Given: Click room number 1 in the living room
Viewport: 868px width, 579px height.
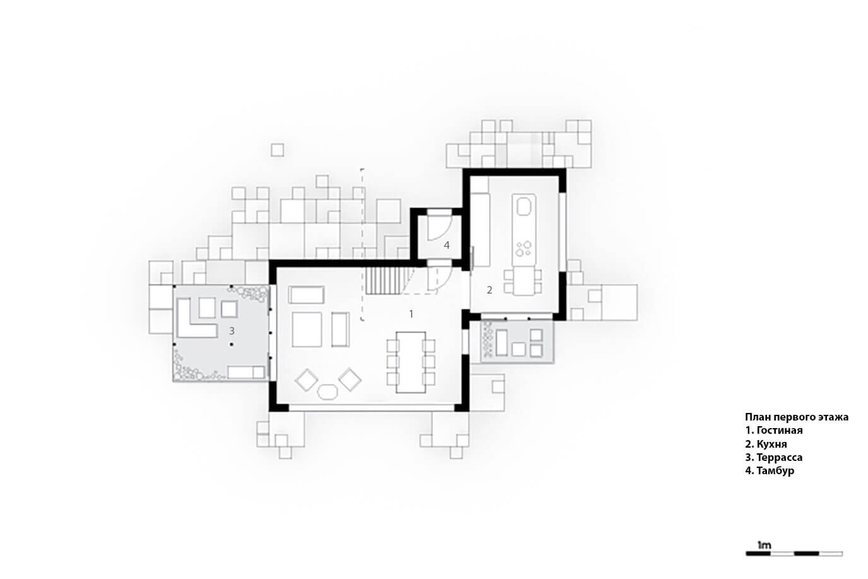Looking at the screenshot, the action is tap(411, 314).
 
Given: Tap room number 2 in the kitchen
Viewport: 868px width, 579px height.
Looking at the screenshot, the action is tap(489, 290).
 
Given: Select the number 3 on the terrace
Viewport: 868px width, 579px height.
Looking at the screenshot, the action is tap(232, 331).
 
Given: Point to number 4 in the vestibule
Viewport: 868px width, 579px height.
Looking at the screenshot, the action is tap(446, 246).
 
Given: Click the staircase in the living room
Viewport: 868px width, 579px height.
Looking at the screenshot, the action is tap(385, 281).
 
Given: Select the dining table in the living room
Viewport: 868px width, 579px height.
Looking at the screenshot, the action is tap(411, 362).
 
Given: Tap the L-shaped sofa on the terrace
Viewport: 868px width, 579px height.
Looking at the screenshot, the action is tap(196, 318).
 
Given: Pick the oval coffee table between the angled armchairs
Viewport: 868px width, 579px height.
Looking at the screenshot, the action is tap(328, 392).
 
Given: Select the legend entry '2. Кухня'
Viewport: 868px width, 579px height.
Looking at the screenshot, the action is tap(766, 444).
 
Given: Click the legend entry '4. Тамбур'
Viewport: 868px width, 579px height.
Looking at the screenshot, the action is tap(770, 470).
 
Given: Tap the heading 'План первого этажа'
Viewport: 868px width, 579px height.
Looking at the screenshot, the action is tap(797, 417).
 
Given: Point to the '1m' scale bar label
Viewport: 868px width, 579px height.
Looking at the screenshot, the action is tap(764, 546).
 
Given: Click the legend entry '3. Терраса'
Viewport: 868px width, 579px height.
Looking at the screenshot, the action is tap(773, 457).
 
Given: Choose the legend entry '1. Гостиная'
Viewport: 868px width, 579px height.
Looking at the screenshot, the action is tap(773, 430).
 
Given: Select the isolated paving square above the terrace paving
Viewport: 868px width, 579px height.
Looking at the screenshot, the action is tap(277, 150).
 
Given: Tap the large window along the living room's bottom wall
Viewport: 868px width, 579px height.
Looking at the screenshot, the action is tap(372, 408).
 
